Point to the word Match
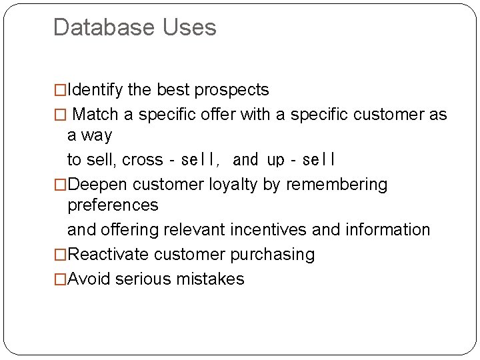click(x=97, y=115)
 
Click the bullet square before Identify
click(x=60, y=90)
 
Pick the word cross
click(x=143, y=160)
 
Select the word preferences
click(x=113, y=205)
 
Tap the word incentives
click(x=269, y=230)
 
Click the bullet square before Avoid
click(x=60, y=279)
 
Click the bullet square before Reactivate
click(x=60, y=255)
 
